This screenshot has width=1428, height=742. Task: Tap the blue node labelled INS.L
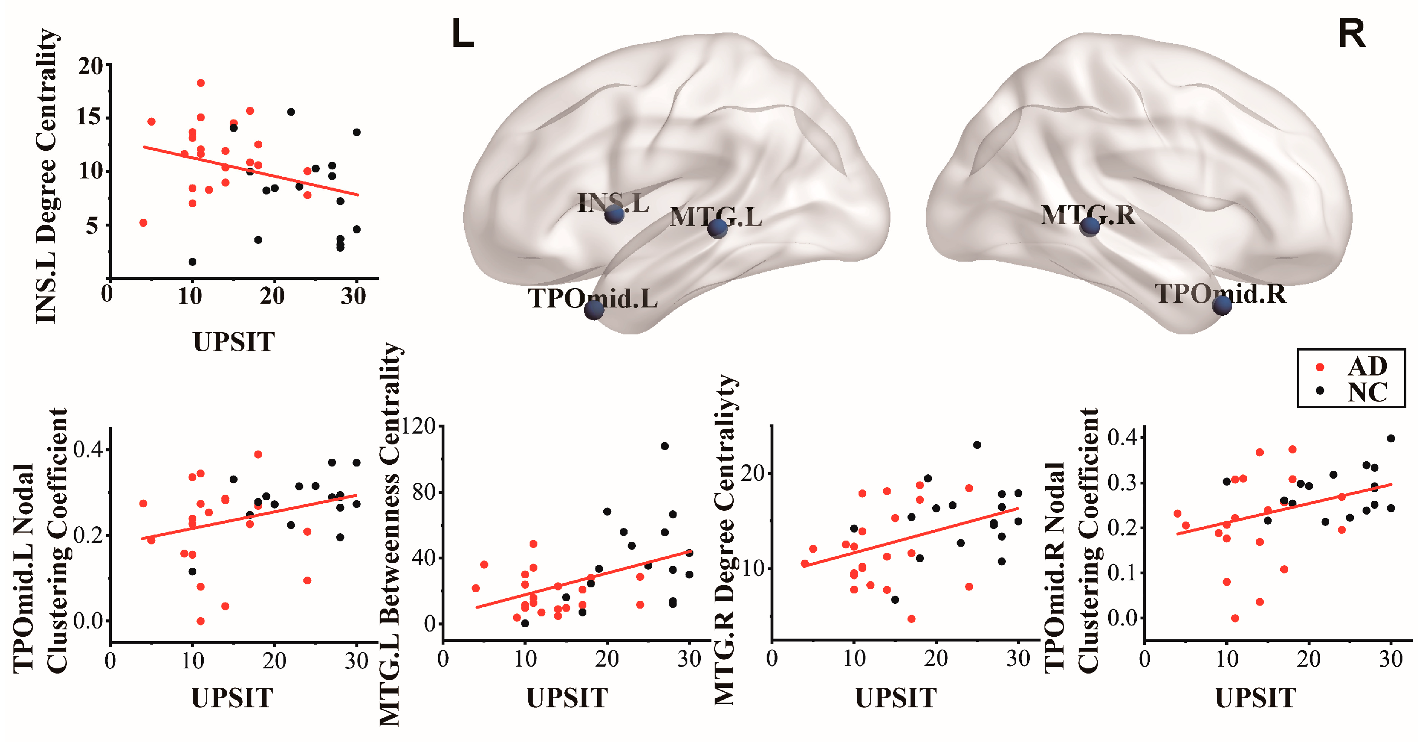click(x=614, y=214)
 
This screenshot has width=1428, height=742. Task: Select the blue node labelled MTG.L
click(x=717, y=228)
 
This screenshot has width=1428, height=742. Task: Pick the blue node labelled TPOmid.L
click(x=594, y=309)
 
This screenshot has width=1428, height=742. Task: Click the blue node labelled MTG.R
click(x=1089, y=226)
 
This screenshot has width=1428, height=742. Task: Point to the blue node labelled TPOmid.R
click(x=1222, y=305)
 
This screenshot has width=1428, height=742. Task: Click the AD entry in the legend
click(x=1367, y=366)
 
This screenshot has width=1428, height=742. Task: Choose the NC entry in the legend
click(x=1367, y=392)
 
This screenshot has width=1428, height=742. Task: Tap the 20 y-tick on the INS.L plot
click(x=90, y=67)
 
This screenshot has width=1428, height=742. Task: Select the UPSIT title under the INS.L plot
click(x=234, y=342)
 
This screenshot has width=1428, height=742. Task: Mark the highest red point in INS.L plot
click(x=201, y=83)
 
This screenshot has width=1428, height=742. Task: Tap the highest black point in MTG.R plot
click(x=977, y=445)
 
